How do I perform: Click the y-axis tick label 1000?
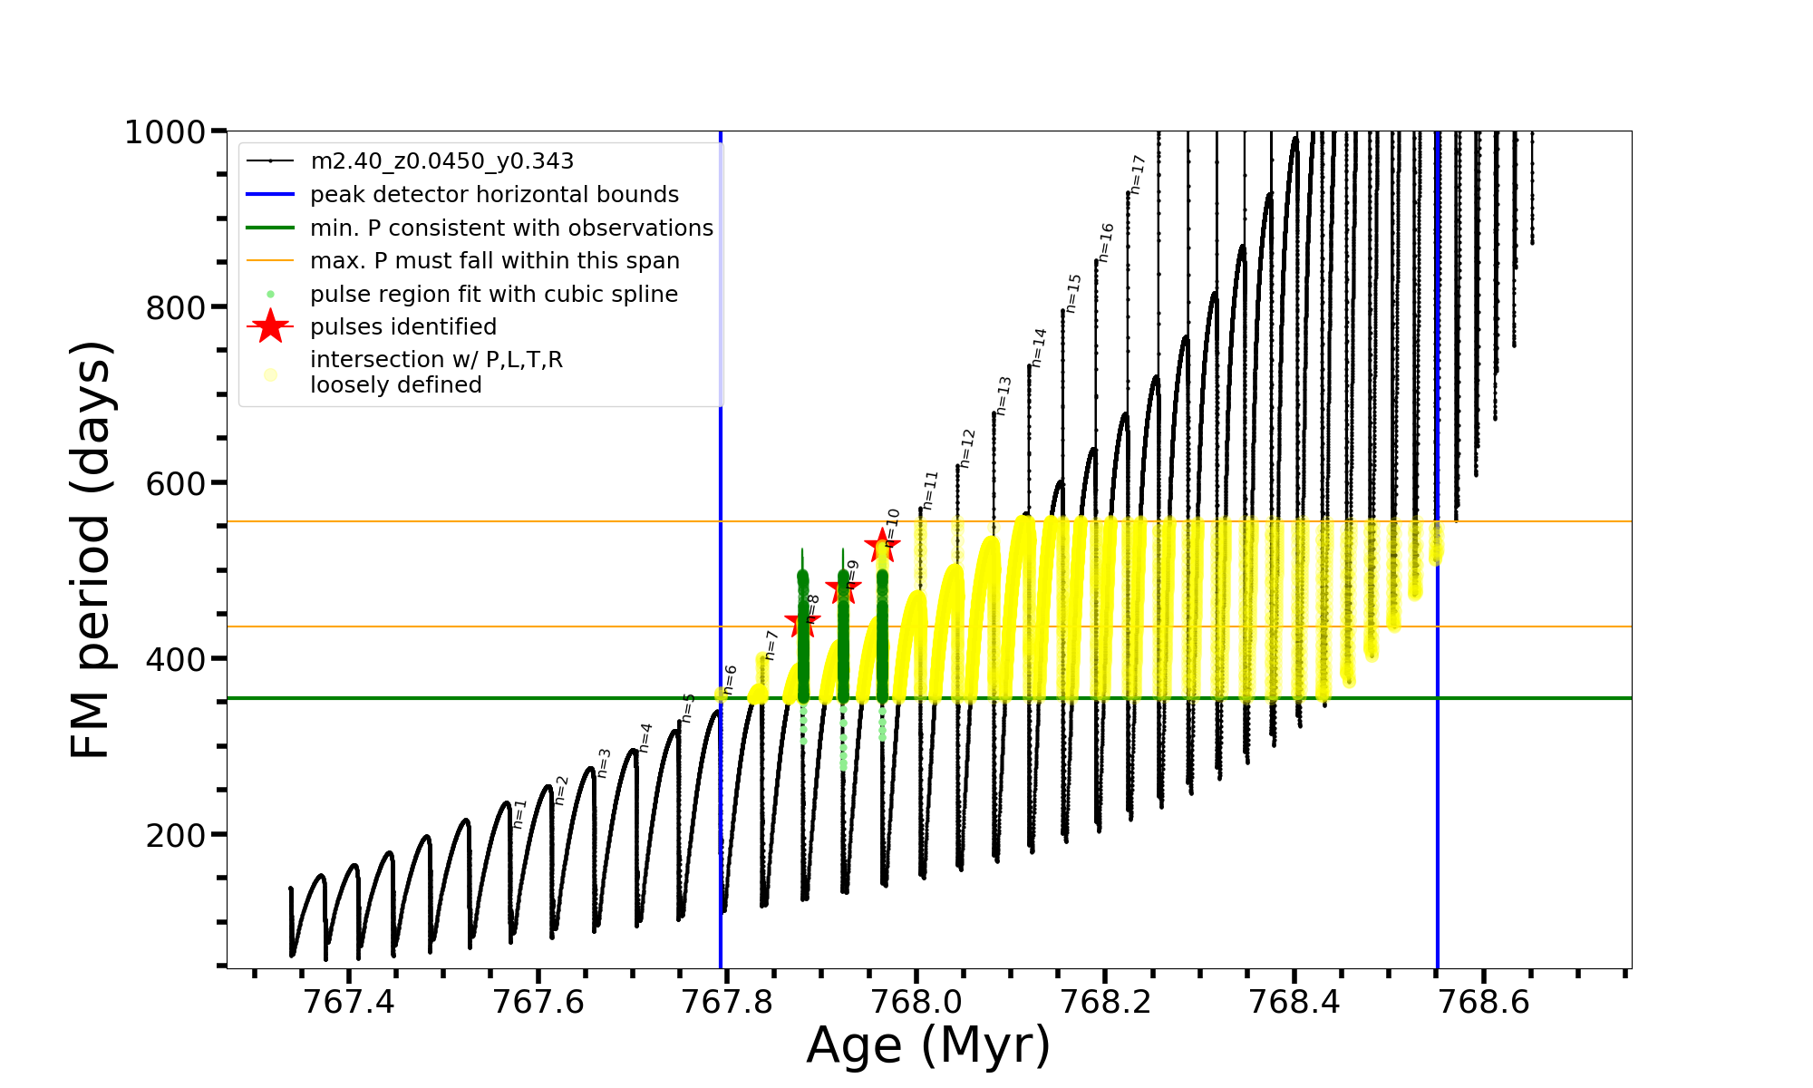[x=164, y=132]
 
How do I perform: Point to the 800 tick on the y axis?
[x=176, y=308]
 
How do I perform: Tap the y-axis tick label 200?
[x=176, y=835]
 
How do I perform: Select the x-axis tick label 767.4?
[x=349, y=1002]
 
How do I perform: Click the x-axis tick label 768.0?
[x=916, y=1002]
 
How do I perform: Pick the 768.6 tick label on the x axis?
[x=1484, y=1002]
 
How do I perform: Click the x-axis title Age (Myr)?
[x=928, y=1045]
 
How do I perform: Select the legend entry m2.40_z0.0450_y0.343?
[x=441, y=161]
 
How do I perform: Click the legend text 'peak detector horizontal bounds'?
[x=494, y=195]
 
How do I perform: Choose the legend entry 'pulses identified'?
[x=403, y=327]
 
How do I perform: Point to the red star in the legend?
[x=270, y=326]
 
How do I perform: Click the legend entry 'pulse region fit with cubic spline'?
[x=493, y=295]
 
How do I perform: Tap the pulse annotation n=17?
[x=1139, y=174]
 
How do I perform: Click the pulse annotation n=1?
[x=519, y=813]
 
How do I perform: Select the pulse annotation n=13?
[x=1003, y=395]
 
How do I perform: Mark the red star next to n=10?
[x=881, y=547]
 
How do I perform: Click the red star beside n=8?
[x=802, y=623]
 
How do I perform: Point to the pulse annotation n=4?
[x=645, y=737]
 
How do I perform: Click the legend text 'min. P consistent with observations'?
[x=511, y=228]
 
